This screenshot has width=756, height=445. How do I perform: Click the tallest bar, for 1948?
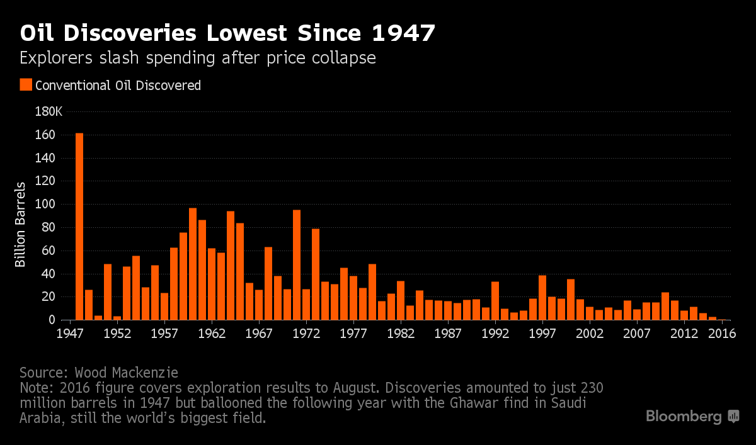[79, 227]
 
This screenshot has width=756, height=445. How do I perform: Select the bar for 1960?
[193, 264]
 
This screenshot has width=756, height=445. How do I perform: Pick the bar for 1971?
[297, 265]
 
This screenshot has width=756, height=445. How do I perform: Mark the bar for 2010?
[665, 307]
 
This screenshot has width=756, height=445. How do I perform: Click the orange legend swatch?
[26, 85]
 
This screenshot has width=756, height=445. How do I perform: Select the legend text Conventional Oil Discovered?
[118, 85]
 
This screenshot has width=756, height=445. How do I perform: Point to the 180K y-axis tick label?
[49, 112]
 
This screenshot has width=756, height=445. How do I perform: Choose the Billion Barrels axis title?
[21, 225]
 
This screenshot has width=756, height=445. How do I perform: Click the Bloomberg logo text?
[684, 417]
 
